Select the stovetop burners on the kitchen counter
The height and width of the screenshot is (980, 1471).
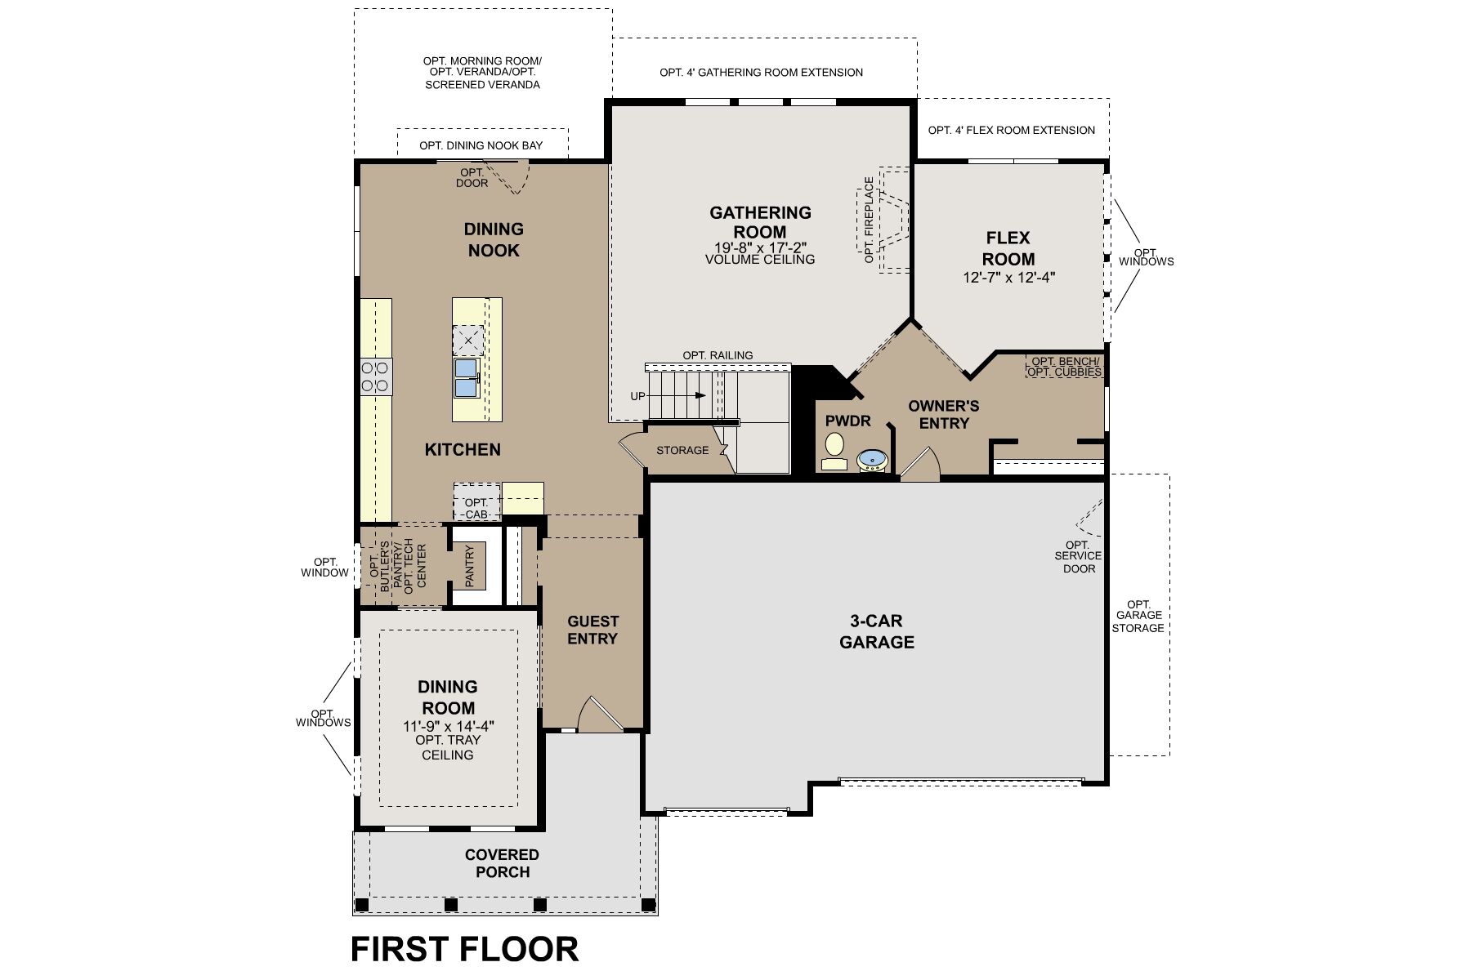point(375,377)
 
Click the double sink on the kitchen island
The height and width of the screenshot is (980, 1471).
point(466,377)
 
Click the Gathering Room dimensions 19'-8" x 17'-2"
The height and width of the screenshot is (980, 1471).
point(760,247)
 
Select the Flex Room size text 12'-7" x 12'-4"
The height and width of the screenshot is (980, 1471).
point(1008,278)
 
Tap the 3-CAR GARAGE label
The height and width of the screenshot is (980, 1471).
point(877,631)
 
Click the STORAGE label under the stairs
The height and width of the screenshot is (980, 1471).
point(682,450)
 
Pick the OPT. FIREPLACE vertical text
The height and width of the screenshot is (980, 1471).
point(869,220)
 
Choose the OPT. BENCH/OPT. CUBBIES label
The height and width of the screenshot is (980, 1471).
point(1064,367)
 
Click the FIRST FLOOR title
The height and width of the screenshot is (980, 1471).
point(464,949)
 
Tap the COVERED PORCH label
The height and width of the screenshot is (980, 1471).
point(502,863)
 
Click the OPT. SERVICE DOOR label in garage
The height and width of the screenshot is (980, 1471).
point(1078,556)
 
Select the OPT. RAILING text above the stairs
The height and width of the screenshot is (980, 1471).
point(718,355)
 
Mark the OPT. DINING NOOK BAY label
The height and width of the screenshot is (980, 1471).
point(481,145)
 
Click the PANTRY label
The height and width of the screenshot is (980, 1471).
point(470,566)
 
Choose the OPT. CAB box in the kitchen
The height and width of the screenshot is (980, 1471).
point(476,508)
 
